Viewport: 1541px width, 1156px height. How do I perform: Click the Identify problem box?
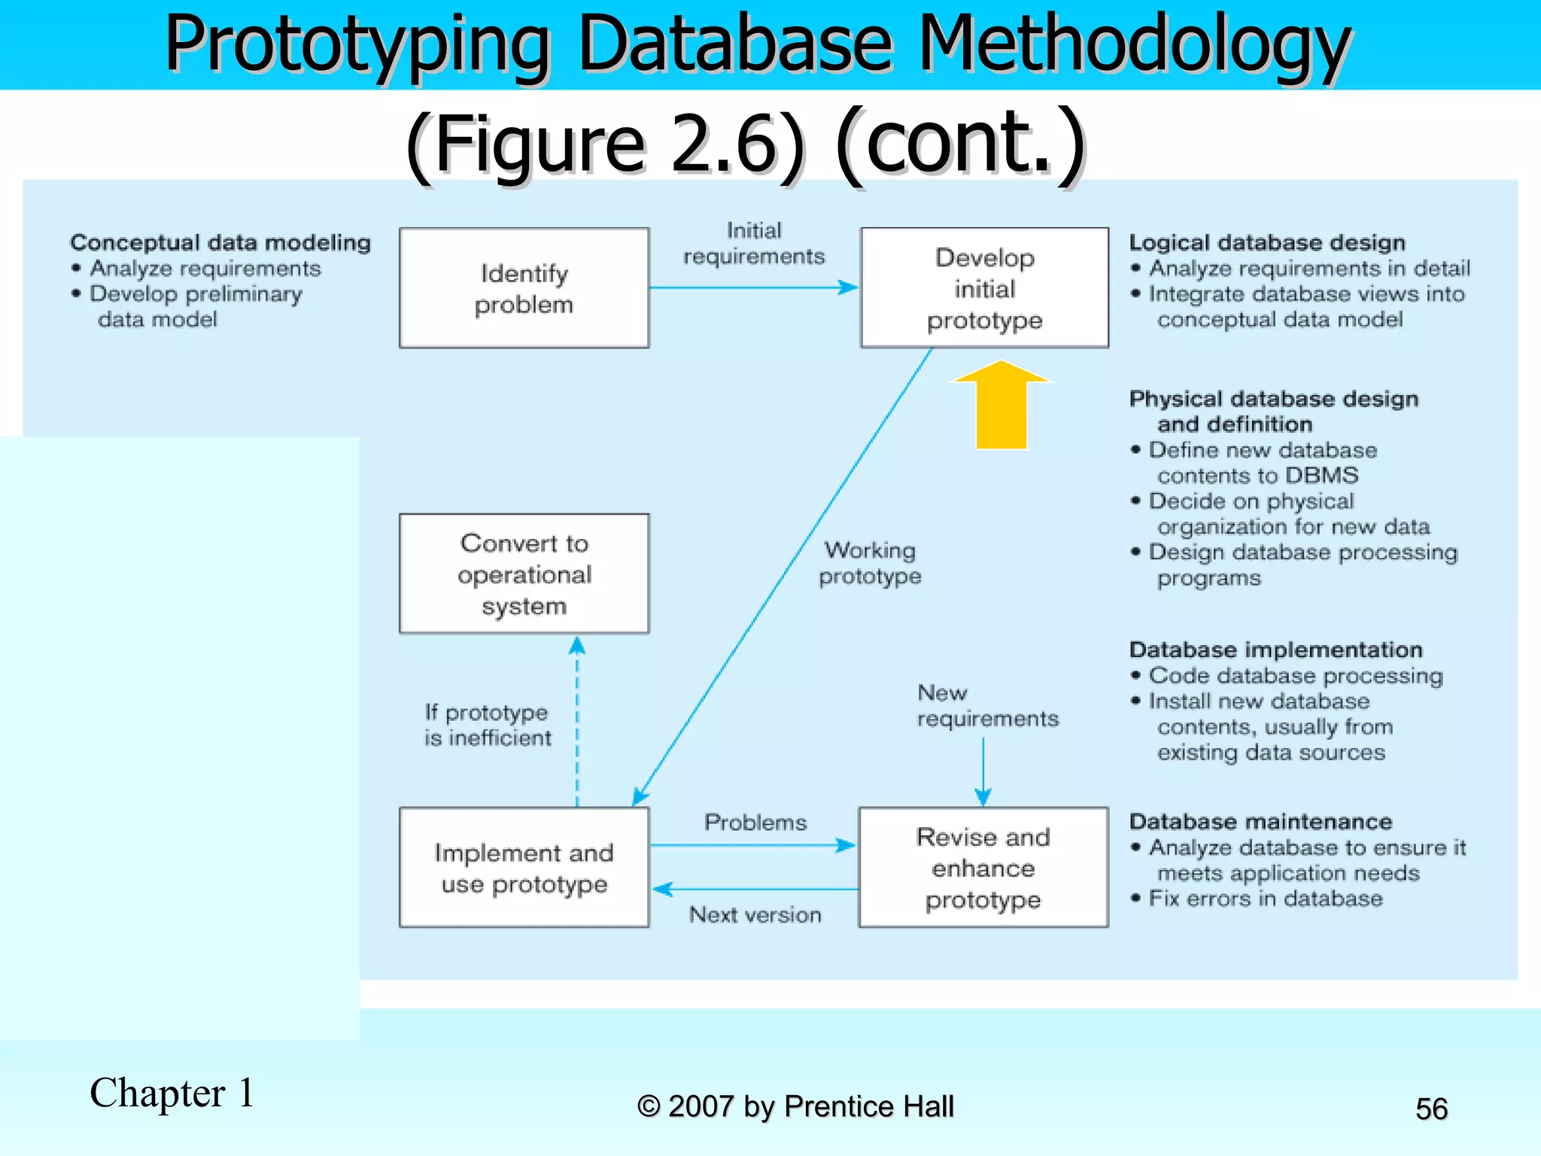click(x=524, y=288)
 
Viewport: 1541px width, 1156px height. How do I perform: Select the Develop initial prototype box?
click(x=984, y=288)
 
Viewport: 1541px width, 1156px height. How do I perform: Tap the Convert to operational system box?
click(x=524, y=573)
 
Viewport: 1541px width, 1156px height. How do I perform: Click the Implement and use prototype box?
click(x=524, y=867)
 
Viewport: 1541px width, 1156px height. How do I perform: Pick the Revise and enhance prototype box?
click(x=983, y=867)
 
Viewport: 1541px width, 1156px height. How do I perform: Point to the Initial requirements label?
click(x=754, y=243)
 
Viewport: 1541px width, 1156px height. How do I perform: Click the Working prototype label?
click(x=870, y=563)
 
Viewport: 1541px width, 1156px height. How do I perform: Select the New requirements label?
click(x=986, y=705)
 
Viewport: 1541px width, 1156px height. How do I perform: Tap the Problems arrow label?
click(x=755, y=822)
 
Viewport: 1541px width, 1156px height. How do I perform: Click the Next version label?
click(x=755, y=914)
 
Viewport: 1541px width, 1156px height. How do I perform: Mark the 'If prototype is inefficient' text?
click(x=488, y=725)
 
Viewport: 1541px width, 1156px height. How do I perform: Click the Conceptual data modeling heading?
click(x=220, y=242)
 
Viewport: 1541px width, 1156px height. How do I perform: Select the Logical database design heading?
click(x=1267, y=242)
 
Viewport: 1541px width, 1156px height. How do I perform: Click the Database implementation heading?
click(x=1275, y=649)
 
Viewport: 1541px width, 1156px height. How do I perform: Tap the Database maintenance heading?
click(x=1260, y=821)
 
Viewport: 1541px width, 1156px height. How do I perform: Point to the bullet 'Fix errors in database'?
click(x=1265, y=899)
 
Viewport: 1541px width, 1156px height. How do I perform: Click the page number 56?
click(x=1431, y=1109)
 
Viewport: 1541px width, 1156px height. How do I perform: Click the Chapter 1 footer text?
click(x=172, y=1093)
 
